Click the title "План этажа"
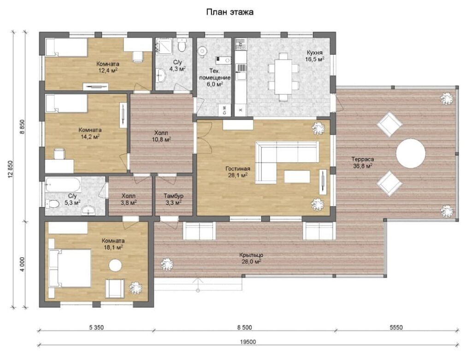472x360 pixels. point(230,12)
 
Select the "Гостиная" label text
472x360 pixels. point(237,169)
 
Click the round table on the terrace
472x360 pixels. point(411,153)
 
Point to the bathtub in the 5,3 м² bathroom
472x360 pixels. point(63,184)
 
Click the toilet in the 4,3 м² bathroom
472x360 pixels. point(182,46)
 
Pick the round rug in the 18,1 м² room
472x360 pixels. point(115,266)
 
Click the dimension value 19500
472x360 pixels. point(248,342)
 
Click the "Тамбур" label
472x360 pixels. point(174,196)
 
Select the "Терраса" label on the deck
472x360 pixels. point(363,159)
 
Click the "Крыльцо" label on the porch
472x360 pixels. point(251,255)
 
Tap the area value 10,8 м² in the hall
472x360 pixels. point(163,139)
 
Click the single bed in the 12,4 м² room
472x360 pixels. point(66,47)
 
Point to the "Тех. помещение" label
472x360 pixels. point(215,74)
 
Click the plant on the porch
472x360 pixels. point(167,265)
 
